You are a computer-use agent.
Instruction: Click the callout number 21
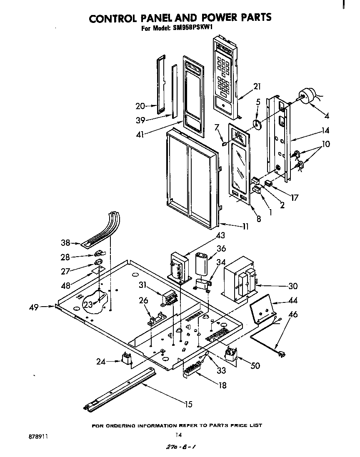(257, 87)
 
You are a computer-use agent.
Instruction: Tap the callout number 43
(220, 236)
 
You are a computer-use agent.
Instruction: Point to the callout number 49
(34, 308)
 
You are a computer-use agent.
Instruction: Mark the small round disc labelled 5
(257, 125)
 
